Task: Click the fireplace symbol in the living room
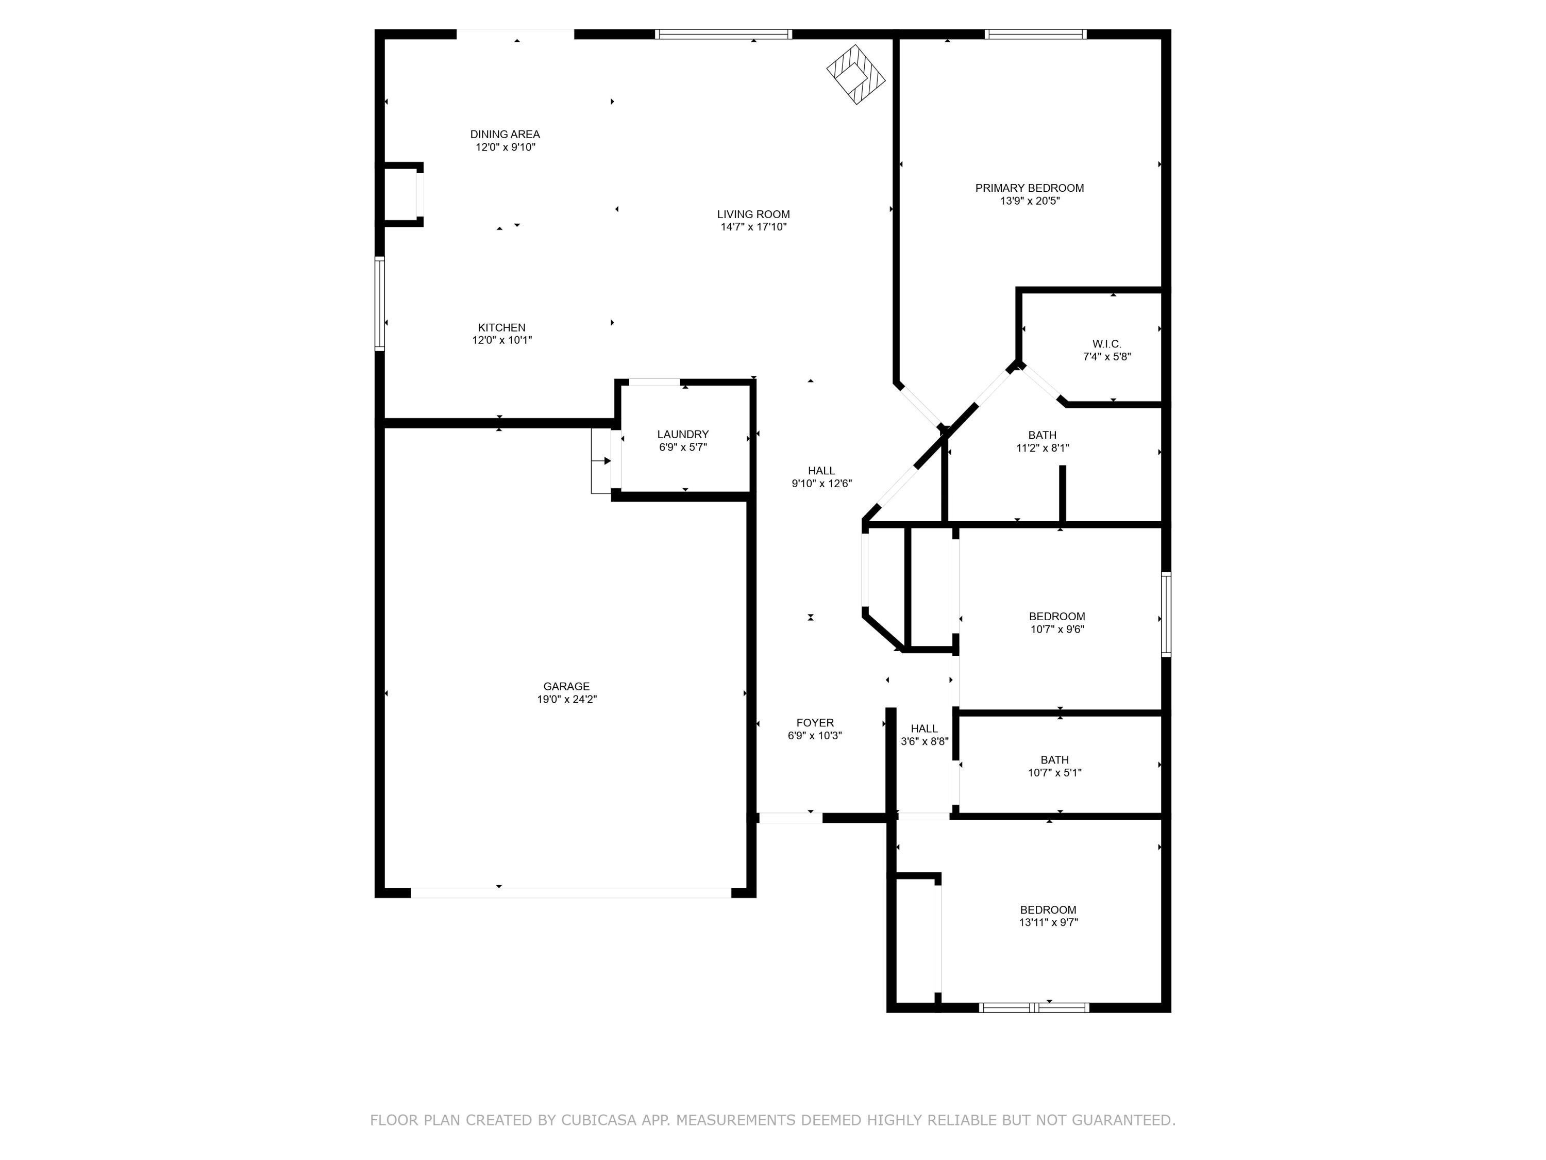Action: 855,74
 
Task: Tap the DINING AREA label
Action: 505,134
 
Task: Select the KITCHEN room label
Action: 501,327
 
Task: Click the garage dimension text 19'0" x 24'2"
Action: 566,699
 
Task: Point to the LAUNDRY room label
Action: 682,434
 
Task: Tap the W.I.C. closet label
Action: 1106,344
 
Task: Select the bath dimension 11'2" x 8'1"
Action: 1042,448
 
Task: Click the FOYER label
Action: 815,723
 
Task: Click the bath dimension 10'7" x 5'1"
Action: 1054,773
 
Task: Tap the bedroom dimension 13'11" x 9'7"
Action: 1048,922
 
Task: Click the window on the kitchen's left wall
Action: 379,303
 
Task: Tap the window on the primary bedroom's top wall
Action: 1035,34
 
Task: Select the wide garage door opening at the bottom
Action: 570,893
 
